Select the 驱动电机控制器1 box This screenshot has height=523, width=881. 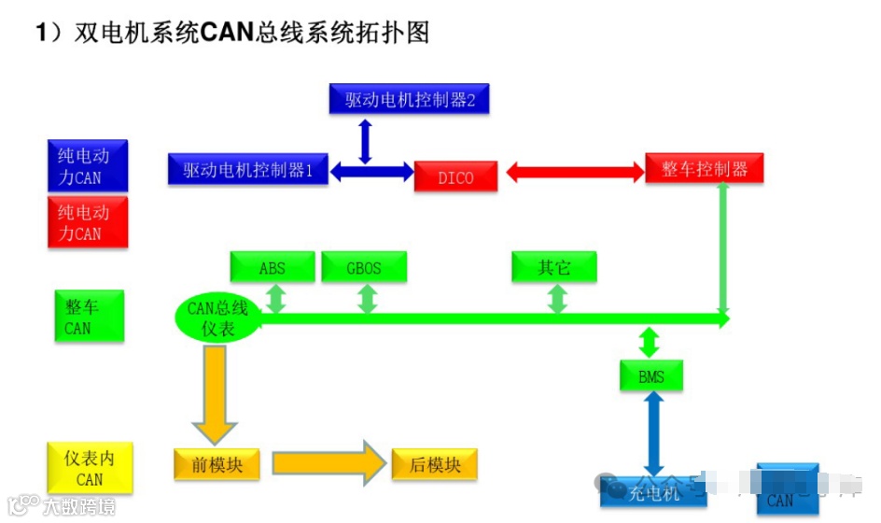click(248, 169)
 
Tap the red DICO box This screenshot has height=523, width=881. click(455, 177)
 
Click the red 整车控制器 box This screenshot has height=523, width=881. click(705, 169)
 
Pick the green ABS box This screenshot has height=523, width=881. click(273, 267)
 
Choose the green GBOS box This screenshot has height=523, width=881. click(364, 267)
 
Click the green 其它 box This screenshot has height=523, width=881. click(554, 267)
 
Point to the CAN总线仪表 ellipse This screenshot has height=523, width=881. click(217, 318)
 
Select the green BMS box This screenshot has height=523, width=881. click(651, 376)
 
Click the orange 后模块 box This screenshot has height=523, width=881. click(435, 464)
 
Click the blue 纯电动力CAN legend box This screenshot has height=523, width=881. click(87, 165)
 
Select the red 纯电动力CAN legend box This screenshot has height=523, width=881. click(87, 222)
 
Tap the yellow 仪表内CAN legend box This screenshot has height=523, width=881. click(90, 468)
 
